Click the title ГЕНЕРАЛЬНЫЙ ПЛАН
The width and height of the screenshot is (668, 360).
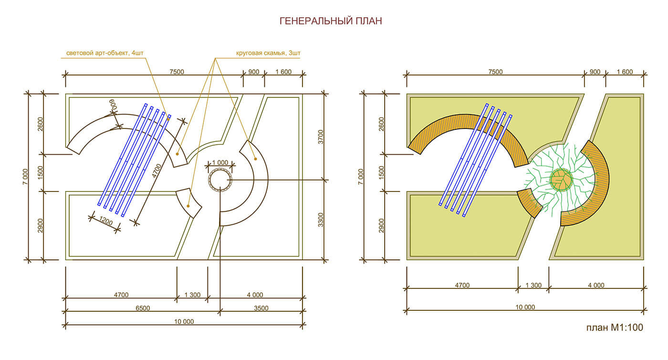330,21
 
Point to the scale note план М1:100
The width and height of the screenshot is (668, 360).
615,328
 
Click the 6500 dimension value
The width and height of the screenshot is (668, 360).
142,308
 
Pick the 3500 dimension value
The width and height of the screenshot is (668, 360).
261,308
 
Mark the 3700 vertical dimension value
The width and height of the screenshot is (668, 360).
321,136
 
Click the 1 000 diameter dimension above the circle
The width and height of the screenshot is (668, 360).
219,162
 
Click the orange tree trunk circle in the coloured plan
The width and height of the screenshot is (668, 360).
561,180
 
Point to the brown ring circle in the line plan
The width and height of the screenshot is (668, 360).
220,180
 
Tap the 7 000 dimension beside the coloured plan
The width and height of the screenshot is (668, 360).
361,178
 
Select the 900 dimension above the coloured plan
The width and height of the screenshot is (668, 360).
595,72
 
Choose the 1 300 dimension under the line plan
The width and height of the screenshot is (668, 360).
192,295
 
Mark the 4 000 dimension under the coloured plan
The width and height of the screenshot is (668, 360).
596,286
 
